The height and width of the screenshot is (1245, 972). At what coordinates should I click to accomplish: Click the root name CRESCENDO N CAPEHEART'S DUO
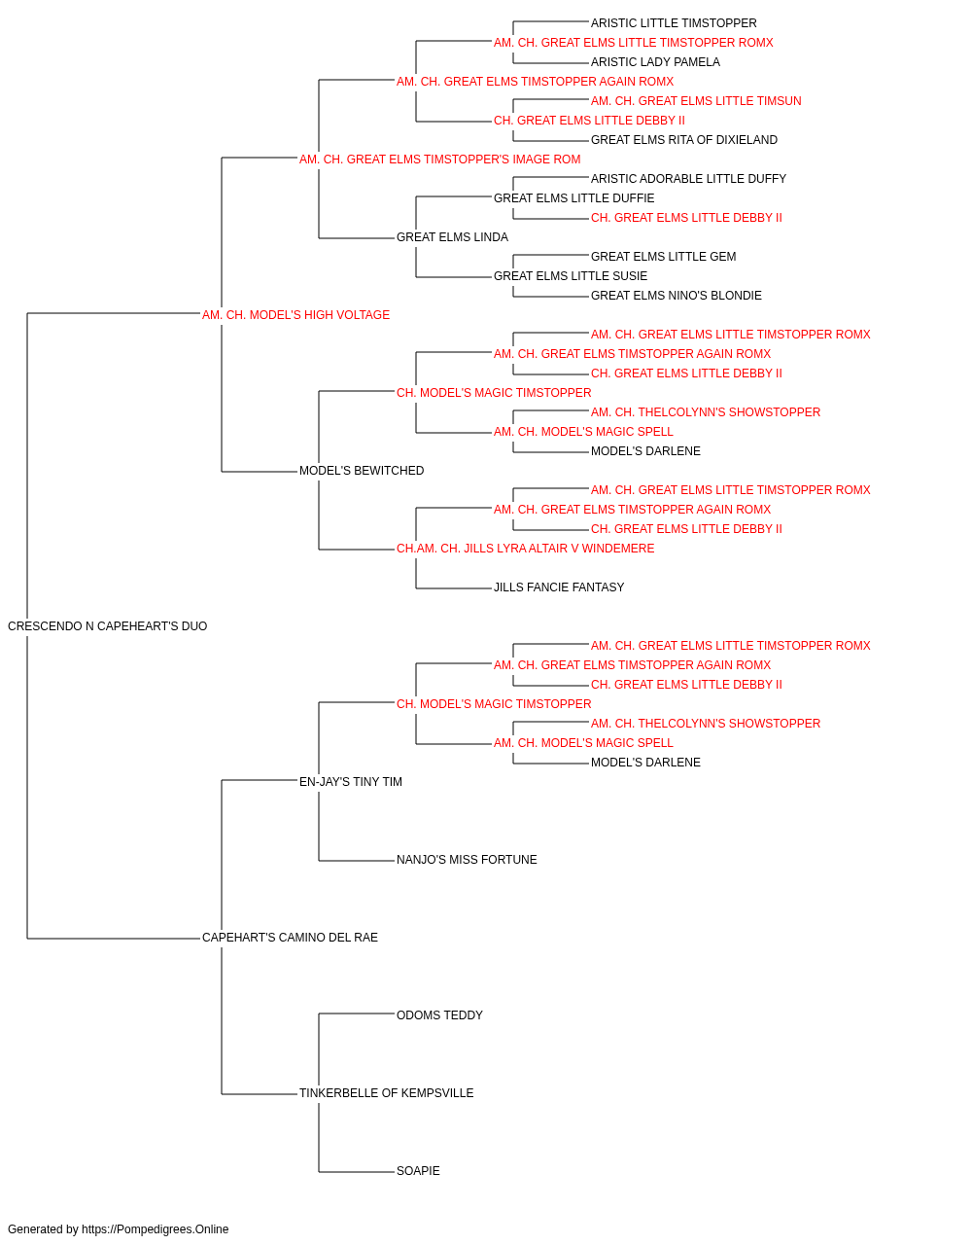tap(108, 626)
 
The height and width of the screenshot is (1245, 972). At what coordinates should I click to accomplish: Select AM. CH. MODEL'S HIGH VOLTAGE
tap(295, 315)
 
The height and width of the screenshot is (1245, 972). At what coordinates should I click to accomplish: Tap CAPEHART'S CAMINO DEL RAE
tap(291, 938)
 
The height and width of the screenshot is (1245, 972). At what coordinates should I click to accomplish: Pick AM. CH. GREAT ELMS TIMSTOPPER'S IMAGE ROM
tap(440, 160)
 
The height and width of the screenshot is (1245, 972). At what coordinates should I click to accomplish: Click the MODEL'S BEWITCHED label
tap(362, 471)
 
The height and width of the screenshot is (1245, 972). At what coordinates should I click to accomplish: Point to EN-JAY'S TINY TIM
tap(351, 781)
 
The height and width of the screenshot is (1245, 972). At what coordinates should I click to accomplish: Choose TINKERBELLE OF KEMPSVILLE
tap(387, 1092)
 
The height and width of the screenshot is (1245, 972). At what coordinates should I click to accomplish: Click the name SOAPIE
tap(419, 1170)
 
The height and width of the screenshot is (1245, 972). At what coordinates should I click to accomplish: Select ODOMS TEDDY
tap(439, 1015)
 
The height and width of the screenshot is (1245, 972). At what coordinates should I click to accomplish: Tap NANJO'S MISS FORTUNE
tap(468, 860)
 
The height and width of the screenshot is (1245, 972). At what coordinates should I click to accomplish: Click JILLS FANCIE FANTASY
tap(559, 587)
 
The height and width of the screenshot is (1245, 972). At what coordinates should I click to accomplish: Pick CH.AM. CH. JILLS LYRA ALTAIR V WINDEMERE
tap(526, 549)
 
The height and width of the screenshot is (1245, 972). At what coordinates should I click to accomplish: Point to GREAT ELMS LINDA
tap(452, 237)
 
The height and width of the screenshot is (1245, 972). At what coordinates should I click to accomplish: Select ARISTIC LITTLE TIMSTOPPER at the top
tap(674, 23)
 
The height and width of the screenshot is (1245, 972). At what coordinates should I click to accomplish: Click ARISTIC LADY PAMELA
tap(655, 62)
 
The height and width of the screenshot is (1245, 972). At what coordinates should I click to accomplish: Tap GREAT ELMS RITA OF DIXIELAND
tap(684, 140)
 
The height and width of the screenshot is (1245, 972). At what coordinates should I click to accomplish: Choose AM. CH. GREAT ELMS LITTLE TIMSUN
tap(696, 101)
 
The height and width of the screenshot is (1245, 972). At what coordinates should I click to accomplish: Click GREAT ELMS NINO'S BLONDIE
tap(677, 296)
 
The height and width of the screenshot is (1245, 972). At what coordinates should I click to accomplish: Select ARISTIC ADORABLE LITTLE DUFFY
tap(688, 179)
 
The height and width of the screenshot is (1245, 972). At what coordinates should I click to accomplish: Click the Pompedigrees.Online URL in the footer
tap(156, 1229)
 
